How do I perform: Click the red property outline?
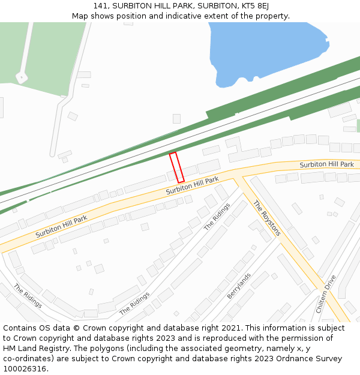176,167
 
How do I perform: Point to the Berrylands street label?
239,286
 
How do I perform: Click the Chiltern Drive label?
326,294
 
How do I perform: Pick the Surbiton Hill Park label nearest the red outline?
192,185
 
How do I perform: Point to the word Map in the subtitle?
80,16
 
